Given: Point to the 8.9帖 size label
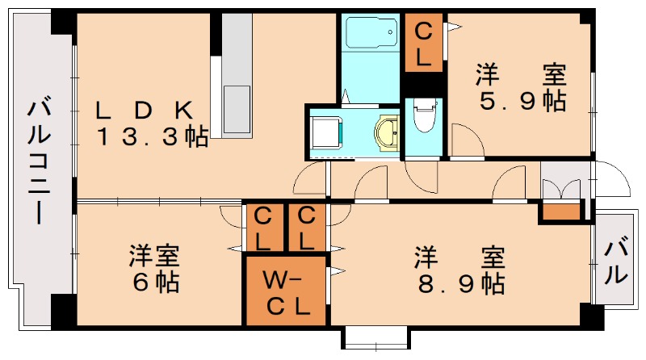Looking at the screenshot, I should (x=460, y=284).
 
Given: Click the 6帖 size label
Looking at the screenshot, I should (x=153, y=284).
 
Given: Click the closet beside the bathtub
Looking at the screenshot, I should (x=423, y=44).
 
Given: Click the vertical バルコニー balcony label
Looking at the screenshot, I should (x=37, y=161).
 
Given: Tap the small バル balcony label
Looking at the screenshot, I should (x=615, y=261).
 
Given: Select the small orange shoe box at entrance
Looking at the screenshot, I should (x=562, y=212).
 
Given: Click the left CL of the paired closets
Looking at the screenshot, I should (x=263, y=228).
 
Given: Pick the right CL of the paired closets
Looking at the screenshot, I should (x=306, y=228).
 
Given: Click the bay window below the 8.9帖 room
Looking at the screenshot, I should (x=376, y=337).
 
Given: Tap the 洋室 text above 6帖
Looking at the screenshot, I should (x=153, y=258).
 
